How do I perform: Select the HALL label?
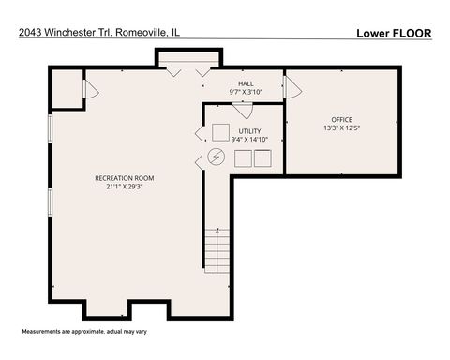point(245,83)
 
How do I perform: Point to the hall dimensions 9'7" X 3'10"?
point(245,93)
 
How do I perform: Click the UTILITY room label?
point(249,131)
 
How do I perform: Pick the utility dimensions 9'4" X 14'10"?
point(249,140)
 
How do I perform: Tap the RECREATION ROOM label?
point(124,177)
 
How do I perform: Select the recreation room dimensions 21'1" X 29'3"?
point(124,186)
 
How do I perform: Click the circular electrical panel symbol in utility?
point(217,157)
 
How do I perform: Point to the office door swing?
point(292,88)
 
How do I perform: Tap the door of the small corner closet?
point(90,90)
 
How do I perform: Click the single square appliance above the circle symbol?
point(220,131)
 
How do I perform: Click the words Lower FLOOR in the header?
point(394,33)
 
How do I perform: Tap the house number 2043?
point(29,33)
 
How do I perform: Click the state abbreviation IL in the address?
point(175,33)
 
